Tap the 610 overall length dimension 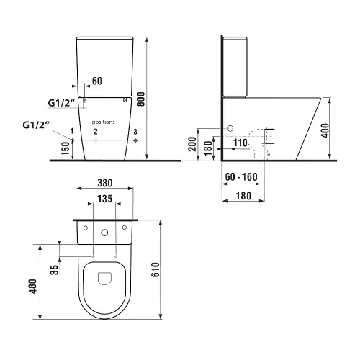(165, 269)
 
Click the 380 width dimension (105, 183)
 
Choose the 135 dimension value (106, 198)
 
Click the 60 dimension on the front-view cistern (99, 81)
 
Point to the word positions (104, 122)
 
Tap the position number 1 (72, 131)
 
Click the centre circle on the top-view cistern (105, 232)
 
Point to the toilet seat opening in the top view (105, 282)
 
